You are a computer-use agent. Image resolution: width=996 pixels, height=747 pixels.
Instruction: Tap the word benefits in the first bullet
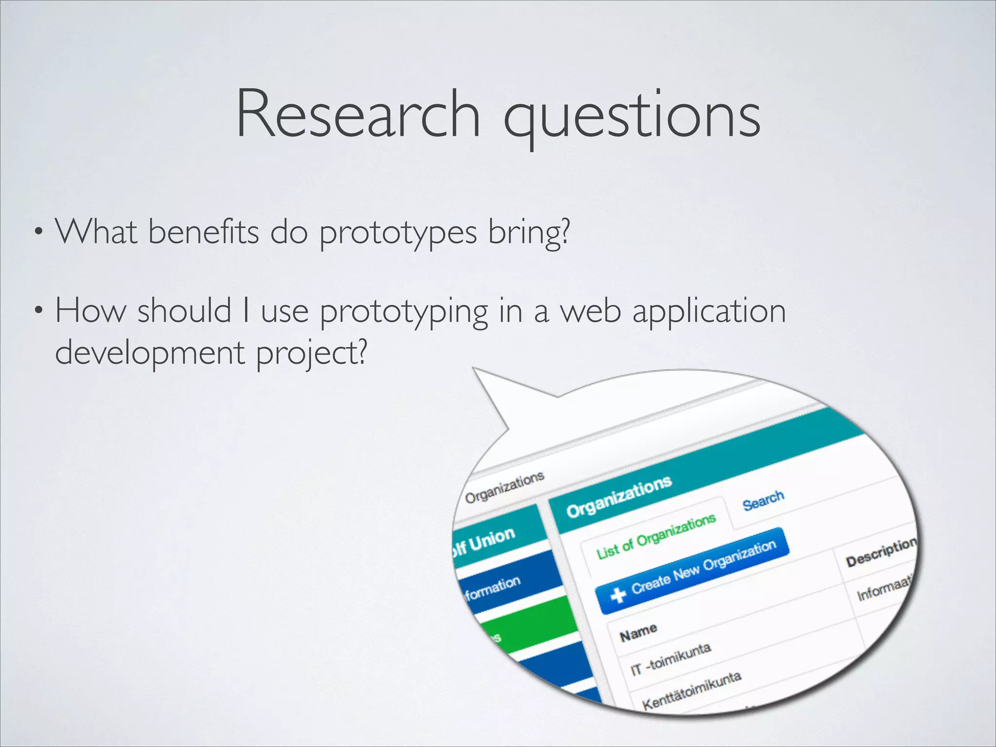click(203, 232)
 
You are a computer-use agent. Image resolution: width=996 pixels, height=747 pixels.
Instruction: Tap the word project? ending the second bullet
click(311, 354)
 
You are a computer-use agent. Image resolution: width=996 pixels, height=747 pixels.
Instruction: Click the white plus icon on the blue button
click(618, 594)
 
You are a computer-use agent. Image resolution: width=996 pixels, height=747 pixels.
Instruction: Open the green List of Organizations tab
click(656, 536)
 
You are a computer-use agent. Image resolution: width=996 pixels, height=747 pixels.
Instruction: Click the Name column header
click(638, 632)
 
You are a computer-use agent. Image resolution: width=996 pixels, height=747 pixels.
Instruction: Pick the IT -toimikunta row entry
click(671, 660)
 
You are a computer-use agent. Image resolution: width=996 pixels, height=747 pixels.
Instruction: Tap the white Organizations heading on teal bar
click(619, 497)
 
